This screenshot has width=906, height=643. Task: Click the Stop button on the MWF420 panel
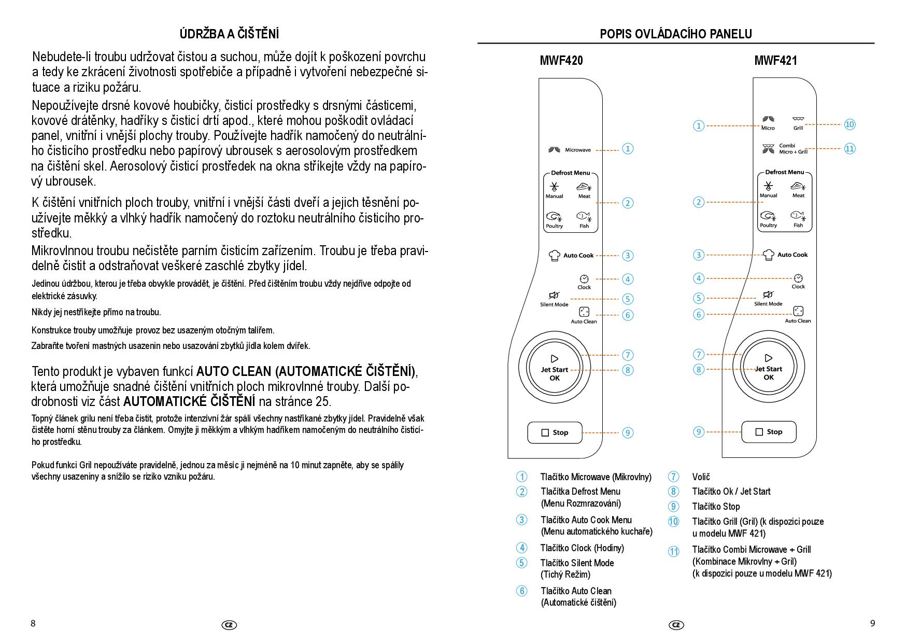coord(555,432)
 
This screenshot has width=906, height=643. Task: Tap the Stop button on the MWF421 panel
coord(769,432)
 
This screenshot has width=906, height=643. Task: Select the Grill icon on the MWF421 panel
coord(798,119)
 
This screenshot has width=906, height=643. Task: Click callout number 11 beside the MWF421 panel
coord(850,149)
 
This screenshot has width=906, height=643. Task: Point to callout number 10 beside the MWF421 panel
coord(850,124)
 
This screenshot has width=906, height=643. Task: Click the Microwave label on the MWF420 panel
coord(577,150)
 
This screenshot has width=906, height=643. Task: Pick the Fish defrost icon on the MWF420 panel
coord(584,216)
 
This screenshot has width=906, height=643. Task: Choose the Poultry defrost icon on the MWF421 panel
coord(768,216)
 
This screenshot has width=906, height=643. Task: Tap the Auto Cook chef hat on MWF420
coord(555,255)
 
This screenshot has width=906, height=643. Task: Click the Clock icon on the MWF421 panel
coord(798,278)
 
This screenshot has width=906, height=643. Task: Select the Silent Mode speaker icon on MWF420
coord(554,295)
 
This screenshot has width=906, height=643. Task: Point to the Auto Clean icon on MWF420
coord(584,312)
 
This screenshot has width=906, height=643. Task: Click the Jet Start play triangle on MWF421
coord(769,358)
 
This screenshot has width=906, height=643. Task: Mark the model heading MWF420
coord(561,61)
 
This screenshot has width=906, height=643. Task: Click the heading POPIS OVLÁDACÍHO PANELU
coord(676,34)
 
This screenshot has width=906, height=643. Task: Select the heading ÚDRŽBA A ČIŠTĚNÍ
coord(229,34)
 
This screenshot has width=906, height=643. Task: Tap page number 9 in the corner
coord(872,623)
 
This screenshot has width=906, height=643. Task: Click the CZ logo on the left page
coord(229,625)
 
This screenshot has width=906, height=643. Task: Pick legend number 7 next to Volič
coord(673,477)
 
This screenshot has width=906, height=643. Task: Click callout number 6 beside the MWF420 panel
coord(627,315)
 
